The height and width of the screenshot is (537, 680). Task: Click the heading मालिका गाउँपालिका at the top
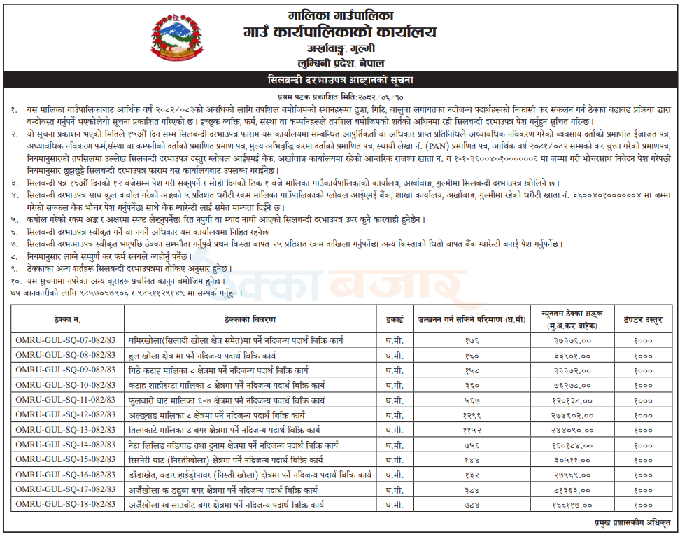coord(341,14)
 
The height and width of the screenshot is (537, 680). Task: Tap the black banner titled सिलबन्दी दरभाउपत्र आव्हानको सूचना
coord(340,79)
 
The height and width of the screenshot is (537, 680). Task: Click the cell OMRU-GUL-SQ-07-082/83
coord(67,339)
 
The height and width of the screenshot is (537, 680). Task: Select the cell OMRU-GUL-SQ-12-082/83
coord(67,414)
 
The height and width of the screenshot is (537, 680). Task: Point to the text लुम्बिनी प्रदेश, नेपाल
coord(341,62)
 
